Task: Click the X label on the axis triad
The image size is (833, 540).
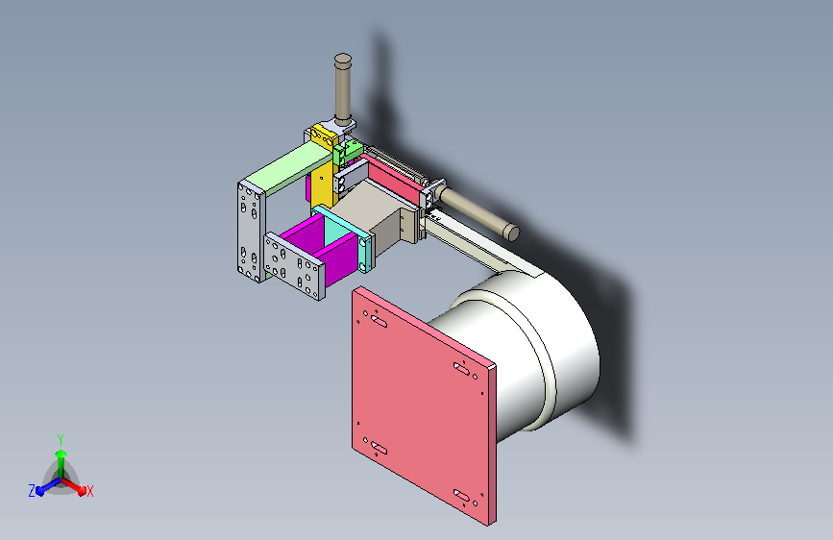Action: (x=89, y=491)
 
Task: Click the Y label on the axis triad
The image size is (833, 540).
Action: (x=61, y=440)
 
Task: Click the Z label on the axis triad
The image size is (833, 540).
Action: (x=32, y=491)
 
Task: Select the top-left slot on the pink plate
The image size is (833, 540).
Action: (x=379, y=321)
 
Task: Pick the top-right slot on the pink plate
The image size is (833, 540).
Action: (x=461, y=368)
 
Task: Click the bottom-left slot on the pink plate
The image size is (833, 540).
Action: (x=379, y=448)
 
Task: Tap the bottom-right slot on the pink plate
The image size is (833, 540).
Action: (x=461, y=496)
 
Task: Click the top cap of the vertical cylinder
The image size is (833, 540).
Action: (x=343, y=58)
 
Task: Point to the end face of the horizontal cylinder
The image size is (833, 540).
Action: (x=511, y=233)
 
